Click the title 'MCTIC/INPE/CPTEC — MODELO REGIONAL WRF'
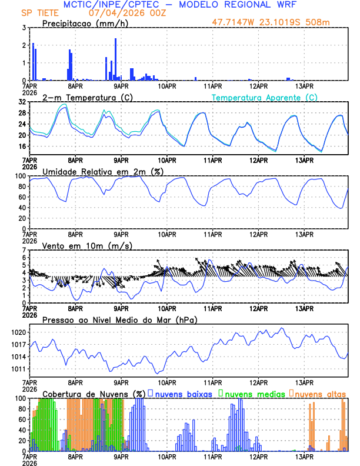179,5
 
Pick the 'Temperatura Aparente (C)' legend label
265,97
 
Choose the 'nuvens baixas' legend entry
184,393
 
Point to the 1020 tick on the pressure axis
19,332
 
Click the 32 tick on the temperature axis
22,102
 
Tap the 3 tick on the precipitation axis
24,28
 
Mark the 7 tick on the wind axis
24,250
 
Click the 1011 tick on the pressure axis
19,369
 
